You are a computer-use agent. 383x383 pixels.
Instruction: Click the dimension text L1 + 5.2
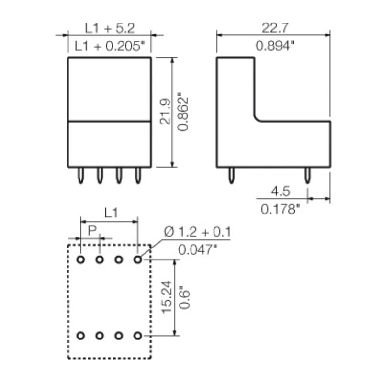pos(110,29)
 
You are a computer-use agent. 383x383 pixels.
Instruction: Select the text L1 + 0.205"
pos(110,46)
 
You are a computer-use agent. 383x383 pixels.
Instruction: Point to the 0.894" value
pos(274,46)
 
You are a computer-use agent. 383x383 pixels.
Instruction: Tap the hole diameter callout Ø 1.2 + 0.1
pos(197,232)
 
